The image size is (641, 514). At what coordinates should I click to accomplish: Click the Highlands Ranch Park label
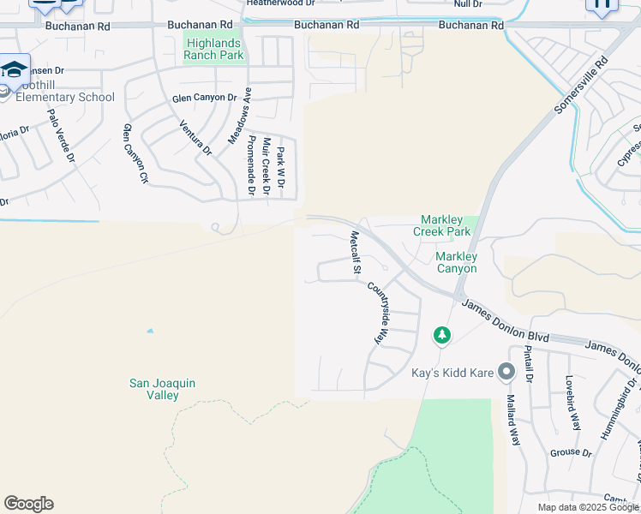tap(213, 49)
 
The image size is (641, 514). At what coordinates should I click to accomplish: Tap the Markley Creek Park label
tap(442, 225)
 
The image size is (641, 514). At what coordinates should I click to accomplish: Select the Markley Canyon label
tap(456, 262)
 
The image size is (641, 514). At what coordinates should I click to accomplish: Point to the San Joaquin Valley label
tap(154, 389)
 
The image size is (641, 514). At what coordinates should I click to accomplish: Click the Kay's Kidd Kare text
tap(453, 373)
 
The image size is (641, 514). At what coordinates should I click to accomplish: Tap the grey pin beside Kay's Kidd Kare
tap(506, 372)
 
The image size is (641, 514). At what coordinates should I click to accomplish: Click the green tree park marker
tap(442, 335)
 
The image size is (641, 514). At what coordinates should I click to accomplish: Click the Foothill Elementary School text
tap(60, 97)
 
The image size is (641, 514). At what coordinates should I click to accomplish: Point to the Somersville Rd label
tap(581, 86)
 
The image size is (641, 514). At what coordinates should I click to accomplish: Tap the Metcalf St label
tap(354, 252)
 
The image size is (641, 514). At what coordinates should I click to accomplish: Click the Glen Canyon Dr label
tap(204, 99)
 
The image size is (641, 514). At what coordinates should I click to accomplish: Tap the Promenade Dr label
tap(251, 165)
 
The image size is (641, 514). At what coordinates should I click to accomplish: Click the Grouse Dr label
tap(570, 451)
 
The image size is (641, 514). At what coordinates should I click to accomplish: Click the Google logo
tap(28, 504)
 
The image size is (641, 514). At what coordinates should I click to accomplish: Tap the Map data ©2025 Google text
tap(587, 507)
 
